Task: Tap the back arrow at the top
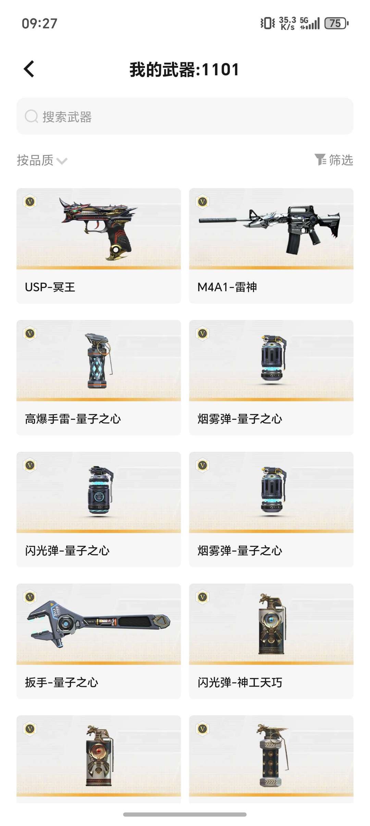[x=29, y=69]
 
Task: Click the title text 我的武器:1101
[x=184, y=70]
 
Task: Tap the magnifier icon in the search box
[x=31, y=116]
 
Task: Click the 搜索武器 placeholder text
[x=67, y=117]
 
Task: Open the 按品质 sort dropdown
[x=42, y=160]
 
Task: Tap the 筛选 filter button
[x=334, y=160]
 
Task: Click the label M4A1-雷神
[x=227, y=287]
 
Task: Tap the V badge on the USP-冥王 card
[x=30, y=202]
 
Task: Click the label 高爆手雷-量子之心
[x=73, y=419]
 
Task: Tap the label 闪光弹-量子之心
[x=67, y=550]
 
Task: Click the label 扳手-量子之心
[x=62, y=682]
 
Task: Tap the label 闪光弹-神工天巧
[x=240, y=682]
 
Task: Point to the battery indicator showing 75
[x=336, y=23]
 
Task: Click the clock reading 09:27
[x=39, y=23]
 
